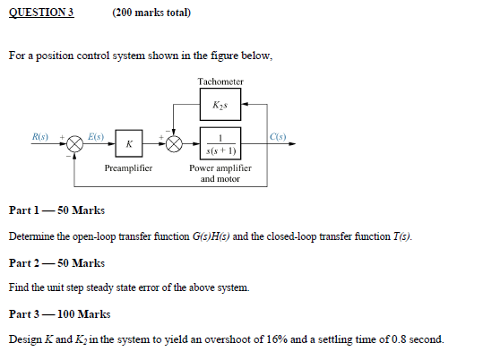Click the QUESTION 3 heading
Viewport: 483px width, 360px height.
click(x=41, y=13)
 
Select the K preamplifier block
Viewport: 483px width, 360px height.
click(x=130, y=143)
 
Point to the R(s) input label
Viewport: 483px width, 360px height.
click(x=40, y=136)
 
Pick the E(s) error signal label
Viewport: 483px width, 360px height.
click(x=95, y=136)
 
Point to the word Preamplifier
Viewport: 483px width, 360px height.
click(x=128, y=168)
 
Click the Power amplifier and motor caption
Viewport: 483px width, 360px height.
click(x=220, y=173)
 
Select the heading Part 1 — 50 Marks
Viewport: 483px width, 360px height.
click(x=56, y=210)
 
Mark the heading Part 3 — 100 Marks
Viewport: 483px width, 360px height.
click(x=59, y=314)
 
